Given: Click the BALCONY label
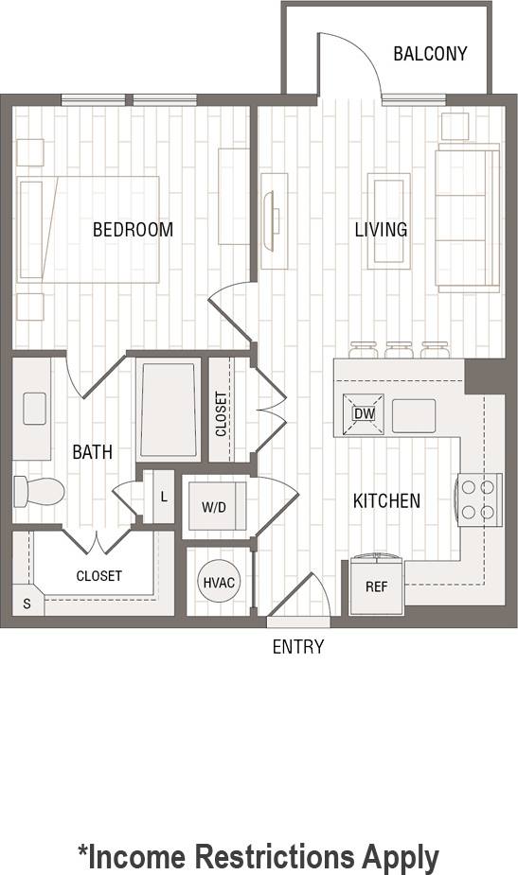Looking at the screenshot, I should (430, 54).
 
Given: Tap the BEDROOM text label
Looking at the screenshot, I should (133, 230).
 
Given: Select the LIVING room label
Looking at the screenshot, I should (381, 230).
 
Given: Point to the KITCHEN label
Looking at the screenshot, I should (386, 500).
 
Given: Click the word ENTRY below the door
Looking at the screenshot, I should (298, 647).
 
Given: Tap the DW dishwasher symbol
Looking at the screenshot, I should (364, 413).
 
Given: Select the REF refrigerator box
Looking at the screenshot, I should (376, 586).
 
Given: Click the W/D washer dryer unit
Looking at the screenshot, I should (215, 507).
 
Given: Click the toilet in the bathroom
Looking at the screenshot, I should (38, 491).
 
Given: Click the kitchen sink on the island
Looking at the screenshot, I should (414, 415).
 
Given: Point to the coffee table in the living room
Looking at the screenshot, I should (388, 221).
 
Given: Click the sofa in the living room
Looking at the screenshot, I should (466, 219).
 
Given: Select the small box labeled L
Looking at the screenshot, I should (164, 497).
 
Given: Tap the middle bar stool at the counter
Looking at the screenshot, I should (399, 350).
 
